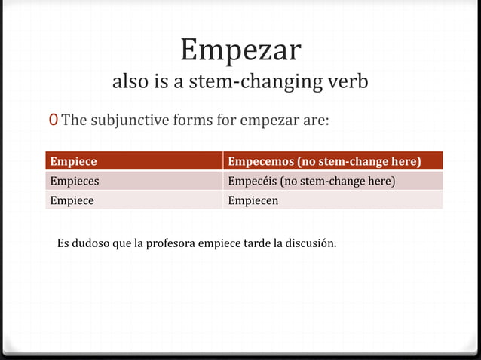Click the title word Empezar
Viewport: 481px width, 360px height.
[240, 50]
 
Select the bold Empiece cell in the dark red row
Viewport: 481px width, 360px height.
[73, 161]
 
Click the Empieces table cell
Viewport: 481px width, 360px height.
[75, 181]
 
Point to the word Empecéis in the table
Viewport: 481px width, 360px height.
[253, 181]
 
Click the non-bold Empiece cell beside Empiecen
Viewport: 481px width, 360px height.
[72, 200]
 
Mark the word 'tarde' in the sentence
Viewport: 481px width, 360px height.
[256, 244]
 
